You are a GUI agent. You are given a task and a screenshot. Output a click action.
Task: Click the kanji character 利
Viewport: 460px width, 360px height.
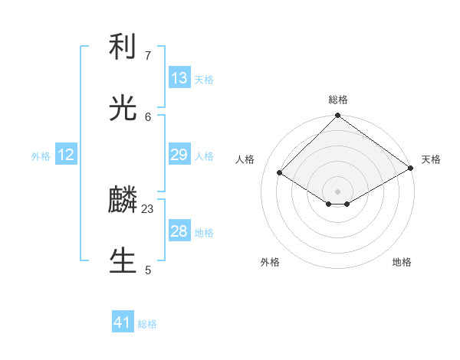(123, 47)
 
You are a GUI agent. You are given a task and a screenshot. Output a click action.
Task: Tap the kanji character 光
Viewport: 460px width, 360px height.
(123, 108)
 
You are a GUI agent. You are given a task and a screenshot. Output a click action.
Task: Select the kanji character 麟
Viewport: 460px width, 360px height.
(123, 201)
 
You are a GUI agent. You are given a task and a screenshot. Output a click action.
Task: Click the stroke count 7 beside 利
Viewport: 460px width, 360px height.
(147, 56)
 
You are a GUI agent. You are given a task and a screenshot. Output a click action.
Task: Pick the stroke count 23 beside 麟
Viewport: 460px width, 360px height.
(148, 208)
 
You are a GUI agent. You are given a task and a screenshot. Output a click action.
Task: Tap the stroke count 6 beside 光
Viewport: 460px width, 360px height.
(148, 116)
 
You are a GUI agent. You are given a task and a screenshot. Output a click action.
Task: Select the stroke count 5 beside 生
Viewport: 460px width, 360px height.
(148, 270)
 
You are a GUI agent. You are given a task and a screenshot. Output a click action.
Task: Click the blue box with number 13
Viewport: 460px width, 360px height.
(179, 78)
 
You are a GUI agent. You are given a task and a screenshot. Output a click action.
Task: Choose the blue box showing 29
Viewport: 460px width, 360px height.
(179, 155)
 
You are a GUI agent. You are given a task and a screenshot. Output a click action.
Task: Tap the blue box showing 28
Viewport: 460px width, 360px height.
(179, 231)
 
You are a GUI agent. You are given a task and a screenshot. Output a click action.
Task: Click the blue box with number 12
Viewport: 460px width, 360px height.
(66, 155)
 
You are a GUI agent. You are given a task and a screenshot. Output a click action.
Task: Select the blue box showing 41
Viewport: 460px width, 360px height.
(123, 323)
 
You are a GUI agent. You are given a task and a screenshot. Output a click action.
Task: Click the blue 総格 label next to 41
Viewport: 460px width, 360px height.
(147, 324)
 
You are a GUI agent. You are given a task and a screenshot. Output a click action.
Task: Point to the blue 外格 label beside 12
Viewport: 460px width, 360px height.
(41, 155)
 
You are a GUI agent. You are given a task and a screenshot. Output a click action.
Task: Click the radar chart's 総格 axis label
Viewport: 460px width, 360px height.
(338, 100)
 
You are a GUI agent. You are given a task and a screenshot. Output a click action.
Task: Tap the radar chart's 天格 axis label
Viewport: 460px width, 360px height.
(431, 159)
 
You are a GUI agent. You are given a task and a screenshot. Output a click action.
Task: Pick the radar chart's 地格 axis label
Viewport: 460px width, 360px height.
(402, 262)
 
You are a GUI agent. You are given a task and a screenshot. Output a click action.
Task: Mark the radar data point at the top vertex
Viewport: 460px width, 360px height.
(338, 116)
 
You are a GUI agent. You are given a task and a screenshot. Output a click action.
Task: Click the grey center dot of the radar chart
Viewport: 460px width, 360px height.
(338, 191)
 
